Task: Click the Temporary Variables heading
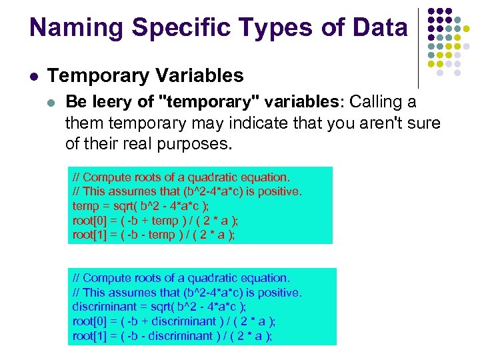(x=146, y=75)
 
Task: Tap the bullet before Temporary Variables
(x=33, y=76)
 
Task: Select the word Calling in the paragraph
(x=376, y=103)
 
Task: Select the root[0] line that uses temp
(x=155, y=221)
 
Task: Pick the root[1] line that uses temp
(x=154, y=235)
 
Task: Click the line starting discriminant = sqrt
(x=159, y=307)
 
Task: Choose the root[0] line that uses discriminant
(x=173, y=321)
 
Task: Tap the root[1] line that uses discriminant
(x=172, y=335)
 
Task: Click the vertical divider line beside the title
(x=418, y=47)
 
